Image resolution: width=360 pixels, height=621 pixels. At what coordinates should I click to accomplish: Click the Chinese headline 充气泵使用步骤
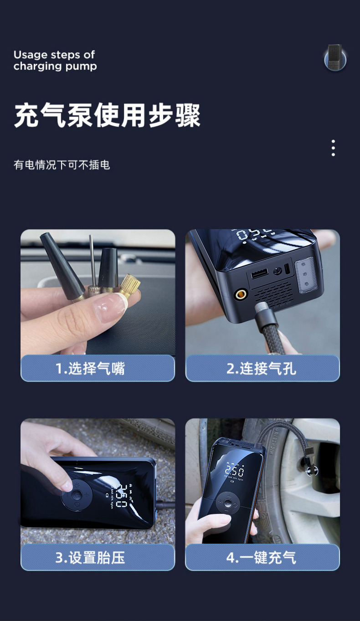107,115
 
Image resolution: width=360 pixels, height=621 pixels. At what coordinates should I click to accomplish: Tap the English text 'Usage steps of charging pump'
55,61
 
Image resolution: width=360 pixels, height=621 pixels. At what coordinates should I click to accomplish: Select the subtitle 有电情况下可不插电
62,164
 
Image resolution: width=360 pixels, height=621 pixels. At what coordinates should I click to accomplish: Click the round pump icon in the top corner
335,57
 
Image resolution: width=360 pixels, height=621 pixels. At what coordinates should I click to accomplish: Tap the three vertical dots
333,148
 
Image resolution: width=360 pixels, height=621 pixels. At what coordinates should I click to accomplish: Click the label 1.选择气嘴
90,369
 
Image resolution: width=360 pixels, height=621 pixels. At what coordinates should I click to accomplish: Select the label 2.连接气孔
261,369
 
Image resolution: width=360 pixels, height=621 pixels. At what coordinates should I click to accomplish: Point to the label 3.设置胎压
90,558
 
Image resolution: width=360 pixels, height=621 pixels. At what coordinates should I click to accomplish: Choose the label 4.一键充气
261,558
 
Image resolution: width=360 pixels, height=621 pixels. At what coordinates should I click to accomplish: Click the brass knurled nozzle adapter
129,285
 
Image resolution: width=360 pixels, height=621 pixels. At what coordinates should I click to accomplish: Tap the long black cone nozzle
63,267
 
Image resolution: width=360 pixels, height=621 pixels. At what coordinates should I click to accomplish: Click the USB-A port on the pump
259,273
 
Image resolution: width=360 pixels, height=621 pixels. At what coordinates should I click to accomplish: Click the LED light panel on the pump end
306,274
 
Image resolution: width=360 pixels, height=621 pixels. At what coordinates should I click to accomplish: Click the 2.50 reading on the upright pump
234,471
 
